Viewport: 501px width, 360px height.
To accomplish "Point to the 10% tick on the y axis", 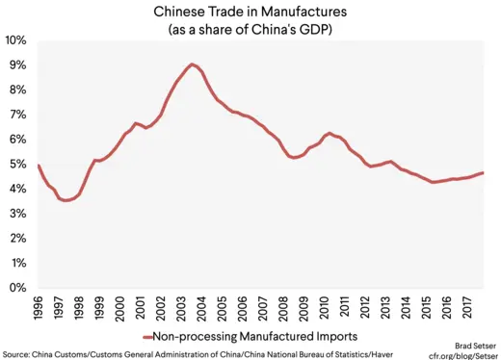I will (15, 40).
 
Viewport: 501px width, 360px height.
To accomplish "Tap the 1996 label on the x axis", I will (39, 308).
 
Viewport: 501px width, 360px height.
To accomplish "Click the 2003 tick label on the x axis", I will (180, 308).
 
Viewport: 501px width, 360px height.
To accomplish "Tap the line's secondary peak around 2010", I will (330, 133).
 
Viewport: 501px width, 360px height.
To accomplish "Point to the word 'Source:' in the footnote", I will (17, 352).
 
